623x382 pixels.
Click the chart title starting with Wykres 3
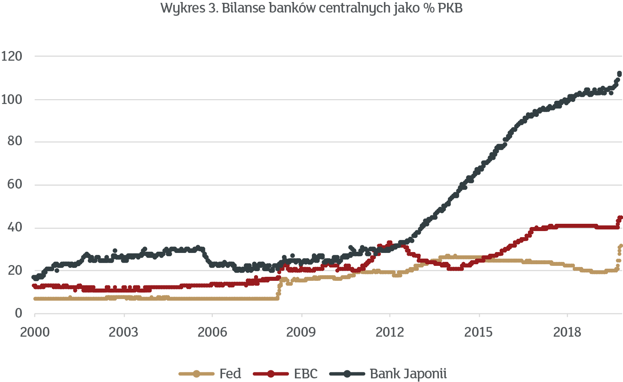point(311,8)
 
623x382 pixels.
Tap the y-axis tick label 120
point(12,56)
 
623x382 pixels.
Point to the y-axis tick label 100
point(12,100)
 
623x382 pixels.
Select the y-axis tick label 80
point(15,142)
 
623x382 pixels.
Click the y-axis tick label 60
point(15,185)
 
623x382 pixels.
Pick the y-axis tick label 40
point(15,228)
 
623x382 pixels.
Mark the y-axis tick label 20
point(15,270)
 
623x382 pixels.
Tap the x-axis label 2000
point(35,332)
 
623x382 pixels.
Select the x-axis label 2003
point(124,332)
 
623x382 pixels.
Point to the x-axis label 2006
point(212,332)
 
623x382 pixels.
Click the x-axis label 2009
point(301,332)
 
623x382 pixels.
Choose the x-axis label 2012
point(390,332)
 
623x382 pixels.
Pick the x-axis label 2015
point(479,332)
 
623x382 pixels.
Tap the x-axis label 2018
point(567,332)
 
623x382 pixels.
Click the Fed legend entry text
point(230,374)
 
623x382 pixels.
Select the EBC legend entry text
point(306,374)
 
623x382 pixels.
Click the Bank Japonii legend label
point(408,374)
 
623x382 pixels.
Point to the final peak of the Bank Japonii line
point(619,73)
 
